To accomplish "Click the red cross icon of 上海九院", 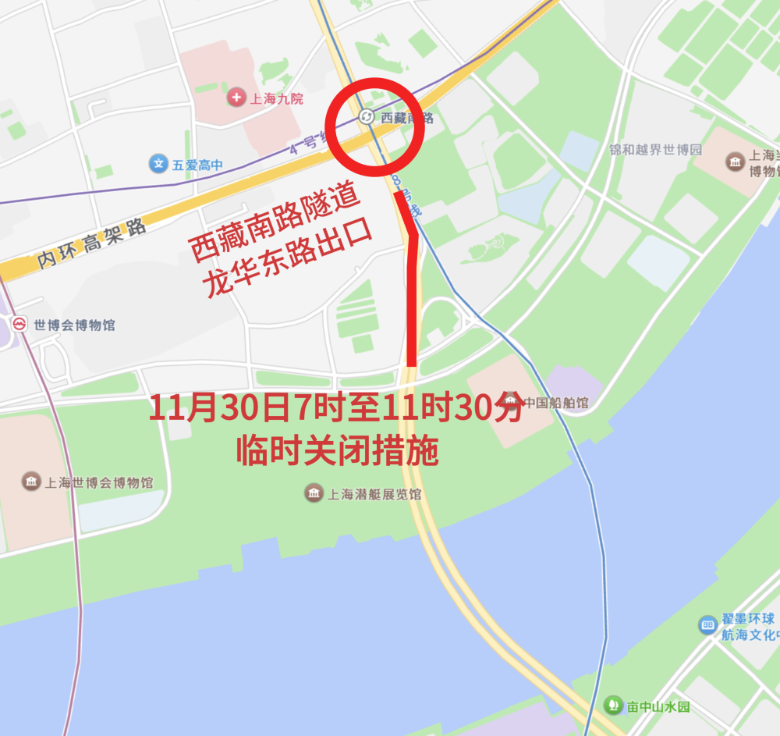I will coord(236,98).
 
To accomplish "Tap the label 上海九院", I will coord(275,99).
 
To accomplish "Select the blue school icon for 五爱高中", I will coord(158,164).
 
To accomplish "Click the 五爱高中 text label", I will coord(198,165).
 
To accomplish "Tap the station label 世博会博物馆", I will coord(74,325).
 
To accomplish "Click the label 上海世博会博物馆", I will coord(98,482).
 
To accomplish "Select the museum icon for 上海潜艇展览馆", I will coord(314,493).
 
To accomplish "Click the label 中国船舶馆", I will coord(555,404).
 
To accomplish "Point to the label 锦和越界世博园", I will coord(656,150).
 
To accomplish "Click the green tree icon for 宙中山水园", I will coord(613,706).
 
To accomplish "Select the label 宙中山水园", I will coord(659,707).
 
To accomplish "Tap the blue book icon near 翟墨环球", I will coord(707,624).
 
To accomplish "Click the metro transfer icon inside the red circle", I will coord(367,117).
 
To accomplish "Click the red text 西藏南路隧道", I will coord(275,226).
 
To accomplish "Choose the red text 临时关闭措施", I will coord(337,452).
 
